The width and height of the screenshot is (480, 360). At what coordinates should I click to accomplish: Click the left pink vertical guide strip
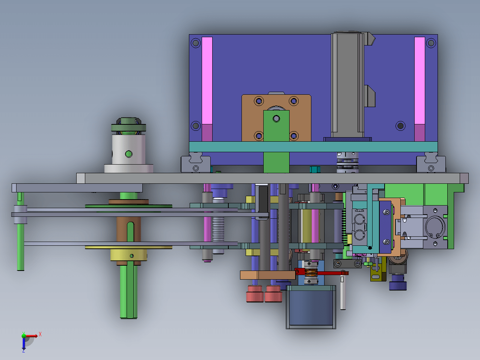(207, 89)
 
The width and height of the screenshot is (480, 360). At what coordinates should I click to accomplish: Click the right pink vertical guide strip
(420, 89)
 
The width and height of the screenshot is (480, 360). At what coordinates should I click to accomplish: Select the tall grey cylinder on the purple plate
(347, 85)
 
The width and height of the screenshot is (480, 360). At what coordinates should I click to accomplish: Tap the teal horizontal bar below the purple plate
(313, 147)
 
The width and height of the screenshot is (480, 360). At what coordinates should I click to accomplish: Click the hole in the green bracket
(276, 119)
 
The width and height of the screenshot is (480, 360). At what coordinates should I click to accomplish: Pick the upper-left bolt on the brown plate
(259, 101)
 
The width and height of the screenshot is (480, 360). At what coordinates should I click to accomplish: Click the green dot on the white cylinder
(128, 154)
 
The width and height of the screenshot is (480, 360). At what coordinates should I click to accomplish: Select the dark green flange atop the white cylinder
(128, 127)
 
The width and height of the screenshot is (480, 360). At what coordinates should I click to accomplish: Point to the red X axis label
(40, 334)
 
